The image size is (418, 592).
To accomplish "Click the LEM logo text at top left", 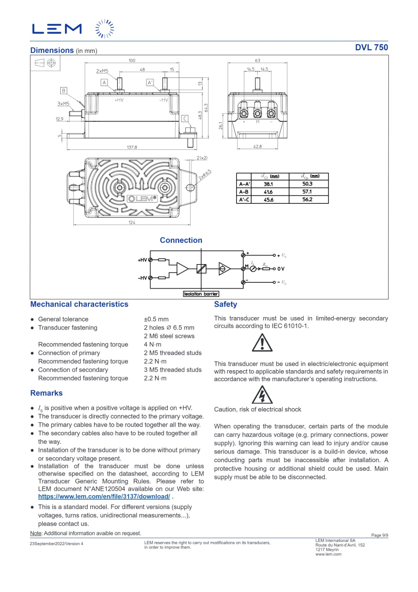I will tap(57, 29).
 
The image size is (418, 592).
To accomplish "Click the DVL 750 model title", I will tap(371, 47).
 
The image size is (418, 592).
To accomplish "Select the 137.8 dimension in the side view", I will tap(132, 147).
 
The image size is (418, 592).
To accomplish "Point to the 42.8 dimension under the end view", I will tap(257, 147).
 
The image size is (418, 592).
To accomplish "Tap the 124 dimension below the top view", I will tap(132, 222).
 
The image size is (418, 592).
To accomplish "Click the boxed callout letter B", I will tap(64, 91).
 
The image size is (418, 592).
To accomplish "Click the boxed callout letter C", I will tap(185, 118).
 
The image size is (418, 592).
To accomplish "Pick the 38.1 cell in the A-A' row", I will tap(268, 184).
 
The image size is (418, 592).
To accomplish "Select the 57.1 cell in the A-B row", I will tap(307, 192).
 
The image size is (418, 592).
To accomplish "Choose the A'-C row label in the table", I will tap(244, 199).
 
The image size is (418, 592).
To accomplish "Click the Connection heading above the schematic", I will tap(181, 240).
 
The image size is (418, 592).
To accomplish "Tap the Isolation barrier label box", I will tap(201, 294).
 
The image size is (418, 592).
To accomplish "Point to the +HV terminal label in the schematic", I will tap(142, 260).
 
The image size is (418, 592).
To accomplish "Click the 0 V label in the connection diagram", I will tap(281, 269).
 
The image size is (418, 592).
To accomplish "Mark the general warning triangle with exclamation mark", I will tap(262, 343).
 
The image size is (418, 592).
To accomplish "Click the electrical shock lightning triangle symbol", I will tap(262, 395).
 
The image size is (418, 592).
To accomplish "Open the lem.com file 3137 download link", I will tap(104, 497).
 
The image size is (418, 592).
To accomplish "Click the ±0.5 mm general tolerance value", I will tap(156, 319).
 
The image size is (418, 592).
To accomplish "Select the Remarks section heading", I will tap(46, 393).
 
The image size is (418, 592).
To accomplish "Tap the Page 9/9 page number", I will tap(380, 535).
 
